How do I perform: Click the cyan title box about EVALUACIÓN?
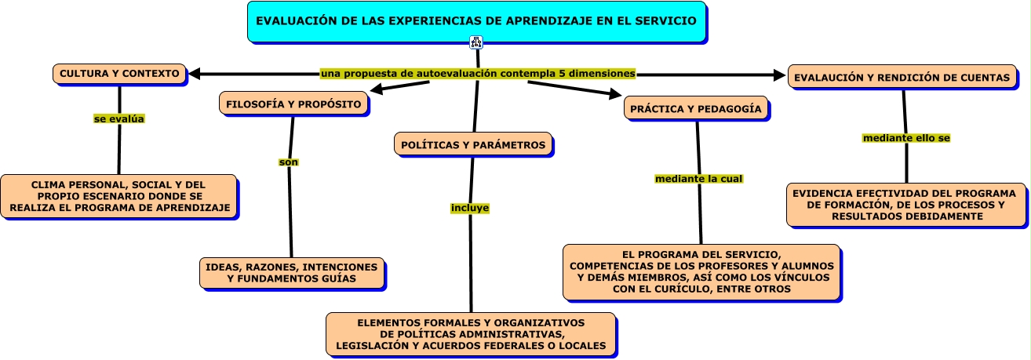(x=476, y=21)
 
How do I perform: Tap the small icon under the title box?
(x=476, y=42)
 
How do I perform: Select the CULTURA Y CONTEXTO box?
(x=120, y=74)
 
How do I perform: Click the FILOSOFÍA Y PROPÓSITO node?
(x=293, y=104)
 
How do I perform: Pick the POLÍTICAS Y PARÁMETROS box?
(x=473, y=144)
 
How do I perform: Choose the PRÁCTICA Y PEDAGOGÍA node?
(x=696, y=109)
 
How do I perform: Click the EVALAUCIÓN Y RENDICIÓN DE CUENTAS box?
(x=902, y=78)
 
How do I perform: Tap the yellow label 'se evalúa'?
(x=119, y=119)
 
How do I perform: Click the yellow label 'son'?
(x=289, y=162)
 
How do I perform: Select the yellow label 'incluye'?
(x=470, y=208)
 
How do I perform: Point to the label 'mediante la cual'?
(x=698, y=179)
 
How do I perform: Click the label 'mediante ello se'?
(x=906, y=138)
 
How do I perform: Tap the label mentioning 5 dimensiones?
(x=478, y=73)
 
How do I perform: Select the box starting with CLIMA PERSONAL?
(x=118, y=196)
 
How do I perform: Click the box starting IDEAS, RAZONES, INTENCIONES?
(x=291, y=273)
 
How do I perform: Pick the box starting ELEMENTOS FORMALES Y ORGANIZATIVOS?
(x=471, y=334)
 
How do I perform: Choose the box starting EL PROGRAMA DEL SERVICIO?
(x=701, y=271)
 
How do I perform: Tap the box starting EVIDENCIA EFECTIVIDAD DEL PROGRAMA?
(x=906, y=205)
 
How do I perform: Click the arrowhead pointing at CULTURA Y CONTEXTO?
(x=195, y=74)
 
